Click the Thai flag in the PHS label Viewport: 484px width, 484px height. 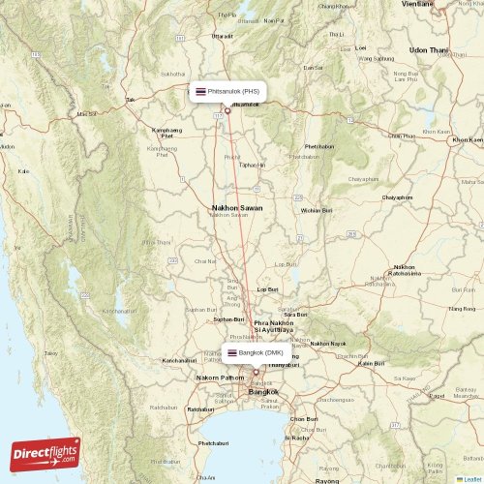pyautogui.click(x=200, y=91)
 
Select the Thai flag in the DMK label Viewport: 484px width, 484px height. pyautogui.click(x=232, y=352)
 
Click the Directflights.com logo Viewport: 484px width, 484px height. pyautogui.click(x=46, y=452)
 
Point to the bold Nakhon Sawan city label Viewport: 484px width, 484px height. pyautogui.click(x=237, y=207)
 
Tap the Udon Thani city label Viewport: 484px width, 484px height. pyautogui.click(x=430, y=49)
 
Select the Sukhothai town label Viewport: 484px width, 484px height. pyautogui.click(x=173, y=74)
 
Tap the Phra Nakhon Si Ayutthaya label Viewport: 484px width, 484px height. pyautogui.click(x=273, y=325)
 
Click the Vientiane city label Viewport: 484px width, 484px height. pyautogui.click(x=417, y=4)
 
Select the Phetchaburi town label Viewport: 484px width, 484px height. pyautogui.click(x=212, y=442)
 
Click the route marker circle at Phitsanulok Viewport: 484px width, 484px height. pyautogui.click(x=227, y=110)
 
